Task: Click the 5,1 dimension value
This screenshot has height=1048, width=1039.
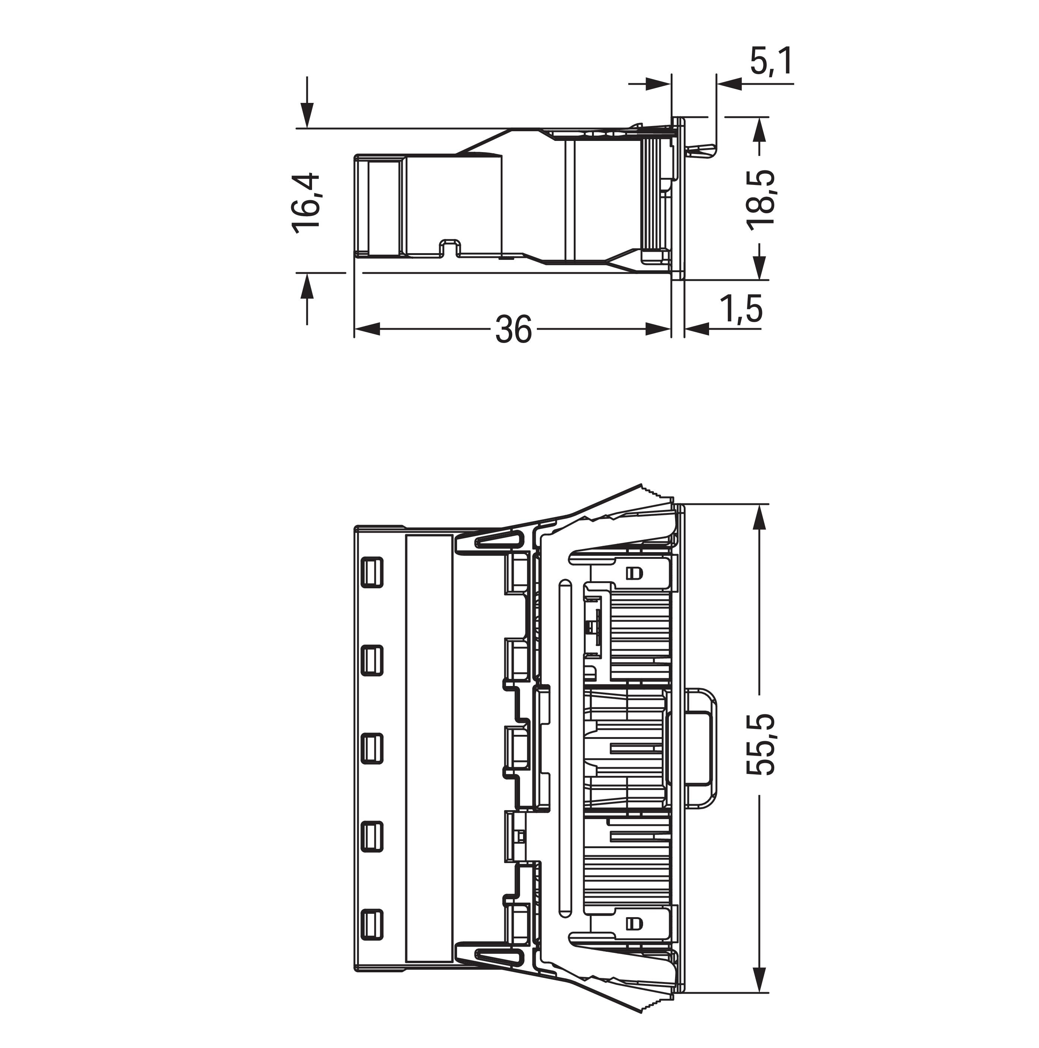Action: click(771, 61)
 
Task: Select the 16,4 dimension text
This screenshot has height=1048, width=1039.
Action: click(306, 203)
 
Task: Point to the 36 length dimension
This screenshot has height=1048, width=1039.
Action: click(513, 329)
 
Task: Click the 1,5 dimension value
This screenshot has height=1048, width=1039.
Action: click(741, 309)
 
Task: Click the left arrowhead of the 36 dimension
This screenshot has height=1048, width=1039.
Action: click(366, 329)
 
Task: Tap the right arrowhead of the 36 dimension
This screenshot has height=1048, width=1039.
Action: click(658, 329)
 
